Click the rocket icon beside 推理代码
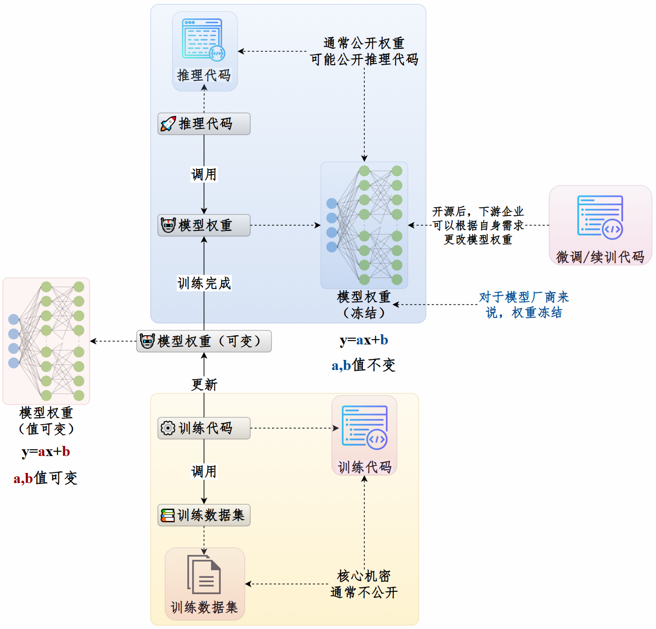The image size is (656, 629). pyautogui.click(x=168, y=124)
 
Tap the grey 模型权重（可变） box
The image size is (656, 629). pyautogui.click(x=204, y=341)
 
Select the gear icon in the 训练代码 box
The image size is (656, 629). pyautogui.click(x=168, y=428)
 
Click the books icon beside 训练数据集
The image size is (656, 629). pyautogui.click(x=168, y=515)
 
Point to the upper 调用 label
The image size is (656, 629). pyautogui.click(x=204, y=174)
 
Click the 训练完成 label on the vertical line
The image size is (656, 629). pyautogui.click(x=204, y=283)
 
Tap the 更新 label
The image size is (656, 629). pyautogui.click(x=204, y=385)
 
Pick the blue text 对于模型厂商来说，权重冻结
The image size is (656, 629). pyautogui.click(x=524, y=305)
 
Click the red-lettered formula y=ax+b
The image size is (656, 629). pyautogui.click(x=46, y=452)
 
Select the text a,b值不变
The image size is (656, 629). pyautogui.click(x=363, y=365)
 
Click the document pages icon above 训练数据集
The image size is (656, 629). pyautogui.click(x=204, y=574)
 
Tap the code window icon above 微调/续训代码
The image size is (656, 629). pyautogui.click(x=600, y=217)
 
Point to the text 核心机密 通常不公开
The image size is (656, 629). pyautogui.click(x=364, y=584)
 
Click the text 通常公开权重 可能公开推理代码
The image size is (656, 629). pyautogui.click(x=364, y=51)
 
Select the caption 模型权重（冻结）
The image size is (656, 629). pyautogui.click(x=364, y=305)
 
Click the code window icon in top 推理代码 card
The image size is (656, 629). pyautogui.click(x=203, y=40)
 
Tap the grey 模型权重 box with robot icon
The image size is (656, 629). pyautogui.click(x=204, y=225)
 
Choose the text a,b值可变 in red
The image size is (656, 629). pyautogui.click(x=45, y=478)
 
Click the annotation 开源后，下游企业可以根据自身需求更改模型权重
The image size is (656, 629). pyautogui.click(x=478, y=225)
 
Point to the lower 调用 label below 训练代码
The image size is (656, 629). pyautogui.click(x=204, y=471)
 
